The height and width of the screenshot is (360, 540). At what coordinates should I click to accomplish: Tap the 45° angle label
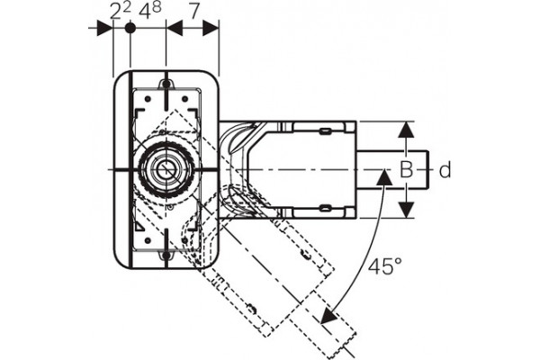point(384,266)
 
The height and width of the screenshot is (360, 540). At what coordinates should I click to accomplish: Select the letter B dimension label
point(407,170)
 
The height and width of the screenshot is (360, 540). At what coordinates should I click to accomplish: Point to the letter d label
point(445,170)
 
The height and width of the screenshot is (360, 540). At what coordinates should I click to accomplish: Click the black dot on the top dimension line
point(130,28)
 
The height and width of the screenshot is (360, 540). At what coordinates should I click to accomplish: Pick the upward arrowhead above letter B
point(407,130)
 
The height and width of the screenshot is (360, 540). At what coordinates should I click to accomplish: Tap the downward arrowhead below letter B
point(407,210)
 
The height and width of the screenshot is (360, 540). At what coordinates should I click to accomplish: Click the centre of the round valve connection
point(166,169)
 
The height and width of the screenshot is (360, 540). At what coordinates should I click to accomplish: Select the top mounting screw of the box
point(166,84)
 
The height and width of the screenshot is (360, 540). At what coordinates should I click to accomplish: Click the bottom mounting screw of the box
point(166,255)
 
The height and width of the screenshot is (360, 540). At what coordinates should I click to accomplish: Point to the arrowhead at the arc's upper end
point(383,176)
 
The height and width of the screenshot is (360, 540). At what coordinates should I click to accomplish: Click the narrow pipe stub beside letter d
point(391,170)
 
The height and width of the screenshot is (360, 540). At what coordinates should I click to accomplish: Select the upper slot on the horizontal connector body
point(325,130)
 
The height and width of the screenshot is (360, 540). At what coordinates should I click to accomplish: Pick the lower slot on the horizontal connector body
point(325,208)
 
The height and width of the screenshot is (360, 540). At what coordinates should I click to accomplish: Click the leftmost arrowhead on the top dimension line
point(104,28)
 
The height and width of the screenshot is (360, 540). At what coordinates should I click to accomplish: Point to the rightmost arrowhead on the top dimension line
point(211,28)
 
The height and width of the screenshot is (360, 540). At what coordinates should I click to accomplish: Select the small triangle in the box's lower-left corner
point(139,226)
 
